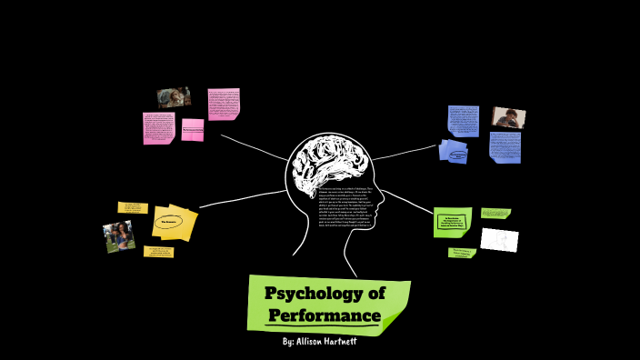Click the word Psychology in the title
click(325, 294)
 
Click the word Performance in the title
click(325, 315)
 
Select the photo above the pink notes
click(173, 97)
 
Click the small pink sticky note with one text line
click(193, 130)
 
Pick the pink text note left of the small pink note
click(158, 127)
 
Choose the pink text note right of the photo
click(223, 104)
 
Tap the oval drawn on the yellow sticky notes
click(172, 221)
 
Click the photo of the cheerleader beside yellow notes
click(119, 236)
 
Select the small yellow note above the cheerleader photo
click(133, 208)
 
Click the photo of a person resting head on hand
click(508, 117)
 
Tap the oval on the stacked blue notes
click(455, 153)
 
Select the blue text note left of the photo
click(463, 121)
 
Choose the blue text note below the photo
click(505, 146)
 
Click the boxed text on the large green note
click(453, 222)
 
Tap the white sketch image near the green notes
click(499, 239)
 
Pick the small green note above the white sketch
click(495, 214)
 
